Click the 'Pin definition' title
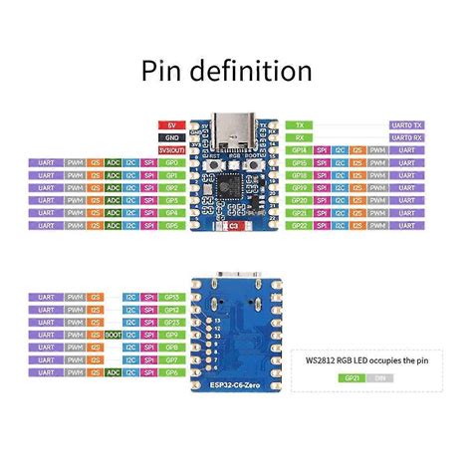(x=227, y=72)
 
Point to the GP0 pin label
(x=170, y=161)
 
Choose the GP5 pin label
(x=170, y=225)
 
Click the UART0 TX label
(x=406, y=124)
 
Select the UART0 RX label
(x=406, y=136)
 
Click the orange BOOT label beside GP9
(x=112, y=336)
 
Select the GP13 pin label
(x=170, y=297)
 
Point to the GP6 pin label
(x=170, y=371)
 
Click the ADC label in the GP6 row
(x=113, y=371)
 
